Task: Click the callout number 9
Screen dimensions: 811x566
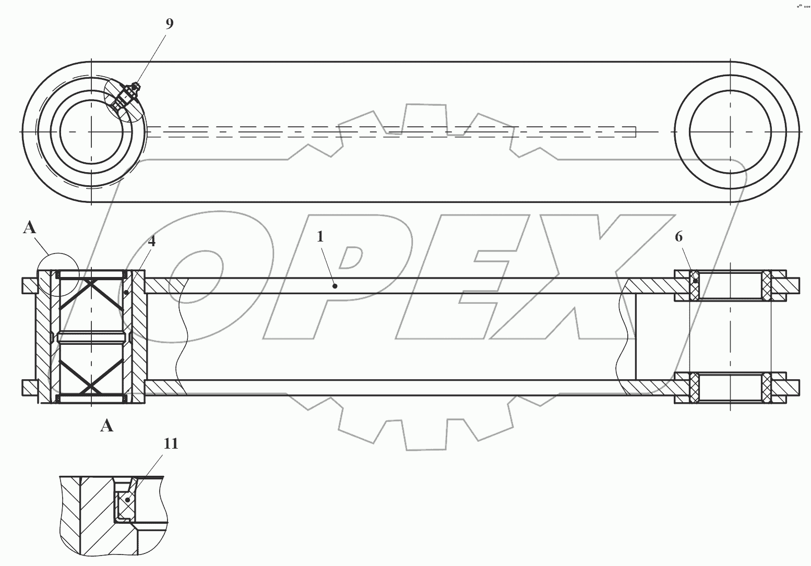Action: tap(170, 23)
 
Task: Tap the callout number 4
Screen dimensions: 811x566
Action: tap(152, 241)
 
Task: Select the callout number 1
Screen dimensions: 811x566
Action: tap(320, 237)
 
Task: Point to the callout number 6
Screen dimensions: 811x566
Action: tap(679, 237)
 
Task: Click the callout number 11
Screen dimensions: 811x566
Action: tap(171, 443)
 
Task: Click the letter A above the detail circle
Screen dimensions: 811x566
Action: tap(30, 227)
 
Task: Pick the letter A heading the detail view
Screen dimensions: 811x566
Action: tap(107, 426)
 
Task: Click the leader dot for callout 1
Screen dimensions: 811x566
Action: tap(335, 286)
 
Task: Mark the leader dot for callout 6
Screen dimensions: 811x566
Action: tap(695, 281)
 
